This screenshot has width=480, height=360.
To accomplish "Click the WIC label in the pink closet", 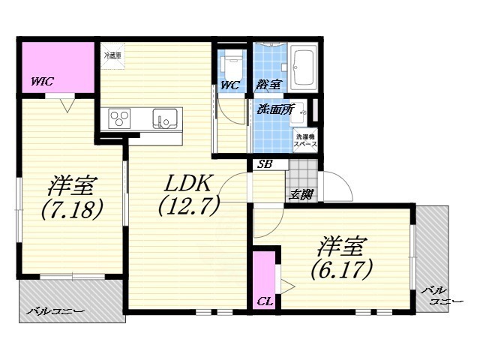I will (x=42, y=82).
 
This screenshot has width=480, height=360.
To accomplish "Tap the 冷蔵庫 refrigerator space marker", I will (x=112, y=54).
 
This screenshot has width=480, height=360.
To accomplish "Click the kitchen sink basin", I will (x=165, y=118).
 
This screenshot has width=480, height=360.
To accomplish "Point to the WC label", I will (x=229, y=85).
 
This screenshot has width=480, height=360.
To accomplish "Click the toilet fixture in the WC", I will (x=232, y=61).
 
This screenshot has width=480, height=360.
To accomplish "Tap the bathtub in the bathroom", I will (x=304, y=68).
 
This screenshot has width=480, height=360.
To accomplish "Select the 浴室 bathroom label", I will (x=268, y=85).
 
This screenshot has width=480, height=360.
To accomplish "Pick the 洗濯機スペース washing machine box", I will (x=305, y=140).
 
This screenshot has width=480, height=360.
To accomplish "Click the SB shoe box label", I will (x=264, y=164).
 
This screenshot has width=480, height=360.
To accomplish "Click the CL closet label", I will (x=264, y=301).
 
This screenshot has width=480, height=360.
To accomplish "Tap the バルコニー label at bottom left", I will (x=55, y=310).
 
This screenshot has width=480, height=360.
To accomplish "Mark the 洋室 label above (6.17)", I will (x=341, y=245).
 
